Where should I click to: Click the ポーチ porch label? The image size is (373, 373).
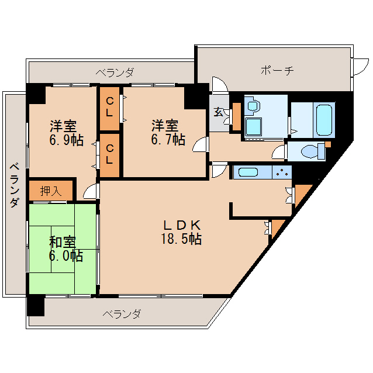(277, 71)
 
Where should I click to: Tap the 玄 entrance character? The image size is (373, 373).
(218, 111)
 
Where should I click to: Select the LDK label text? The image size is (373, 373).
(182, 225)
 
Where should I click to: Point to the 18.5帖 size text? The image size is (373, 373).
(182, 239)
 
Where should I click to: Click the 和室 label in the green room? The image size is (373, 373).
(61, 241)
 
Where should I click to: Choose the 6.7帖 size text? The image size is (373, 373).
(168, 140)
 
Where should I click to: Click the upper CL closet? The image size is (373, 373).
(110, 109)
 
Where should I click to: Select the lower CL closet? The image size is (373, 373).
(110, 156)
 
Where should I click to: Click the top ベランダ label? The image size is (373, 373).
(115, 72)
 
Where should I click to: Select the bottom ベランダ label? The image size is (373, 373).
(122, 314)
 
